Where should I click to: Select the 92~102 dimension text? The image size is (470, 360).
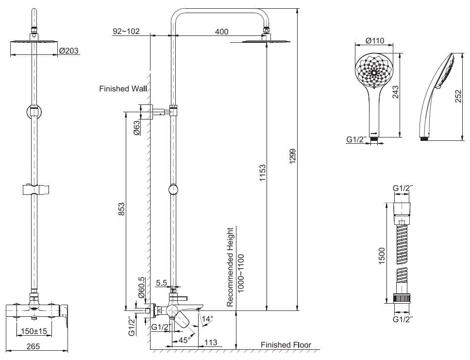[x=126, y=32]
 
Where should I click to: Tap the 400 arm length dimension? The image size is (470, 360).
[x=221, y=32]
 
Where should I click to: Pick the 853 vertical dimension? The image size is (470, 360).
[x=122, y=209]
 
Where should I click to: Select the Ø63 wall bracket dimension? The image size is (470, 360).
[x=137, y=127]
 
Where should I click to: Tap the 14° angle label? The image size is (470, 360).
[x=207, y=319]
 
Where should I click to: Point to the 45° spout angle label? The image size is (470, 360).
[x=184, y=341]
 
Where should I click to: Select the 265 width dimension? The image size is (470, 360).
[x=33, y=346]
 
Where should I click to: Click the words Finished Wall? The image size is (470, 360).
[x=123, y=89]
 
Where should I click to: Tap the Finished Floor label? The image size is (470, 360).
[x=285, y=345]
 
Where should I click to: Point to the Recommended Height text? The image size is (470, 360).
[x=231, y=267]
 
